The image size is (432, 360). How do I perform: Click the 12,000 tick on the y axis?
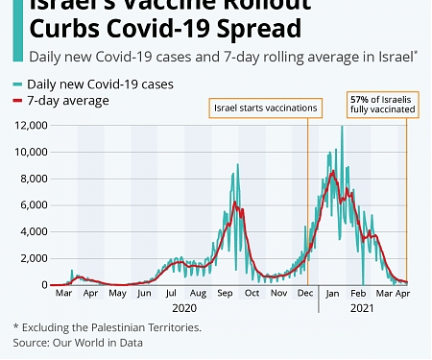pyautogui.click(x=32, y=125)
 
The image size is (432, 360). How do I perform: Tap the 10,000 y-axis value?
pyautogui.click(x=32, y=152)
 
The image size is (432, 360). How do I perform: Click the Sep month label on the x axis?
pyautogui.click(x=226, y=293)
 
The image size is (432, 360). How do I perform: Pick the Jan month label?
pyautogui.click(x=333, y=293)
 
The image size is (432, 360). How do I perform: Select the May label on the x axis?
pyautogui.click(x=117, y=293)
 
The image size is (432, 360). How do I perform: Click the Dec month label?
pyautogui.click(x=305, y=293)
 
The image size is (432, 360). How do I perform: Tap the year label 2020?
pyautogui.click(x=184, y=308)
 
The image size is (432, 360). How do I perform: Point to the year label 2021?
pyautogui.click(x=362, y=308)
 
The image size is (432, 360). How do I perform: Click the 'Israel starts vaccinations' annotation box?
pyautogui.click(x=264, y=108)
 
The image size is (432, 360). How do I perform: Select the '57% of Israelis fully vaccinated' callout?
pyautogui.click(x=381, y=105)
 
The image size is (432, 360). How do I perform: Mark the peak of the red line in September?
pyautogui.click(x=233, y=204)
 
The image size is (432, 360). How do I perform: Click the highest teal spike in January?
pyautogui.click(x=341, y=127)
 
